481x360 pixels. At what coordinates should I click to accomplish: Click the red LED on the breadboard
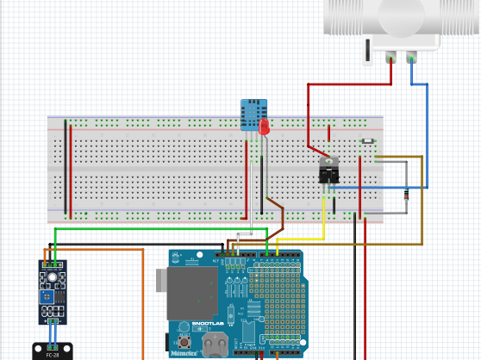pyautogui.click(x=264, y=127)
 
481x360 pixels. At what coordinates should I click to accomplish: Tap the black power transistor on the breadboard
pyautogui.click(x=328, y=170)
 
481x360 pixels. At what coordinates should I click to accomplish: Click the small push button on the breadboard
pyautogui.click(x=368, y=143)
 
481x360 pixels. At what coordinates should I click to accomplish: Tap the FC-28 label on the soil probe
pyautogui.click(x=52, y=354)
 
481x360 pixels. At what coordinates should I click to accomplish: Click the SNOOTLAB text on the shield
pyautogui.click(x=208, y=325)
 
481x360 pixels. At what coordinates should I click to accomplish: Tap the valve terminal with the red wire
pyautogui.click(x=391, y=59)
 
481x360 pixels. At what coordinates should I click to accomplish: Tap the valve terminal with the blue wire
pyautogui.click(x=412, y=59)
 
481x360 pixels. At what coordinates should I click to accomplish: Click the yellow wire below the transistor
pyautogui.click(x=324, y=220)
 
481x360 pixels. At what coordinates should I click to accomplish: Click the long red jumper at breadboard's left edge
pyautogui.click(x=71, y=170)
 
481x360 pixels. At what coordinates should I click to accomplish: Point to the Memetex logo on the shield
pyautogui.click(x=184, y=353)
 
